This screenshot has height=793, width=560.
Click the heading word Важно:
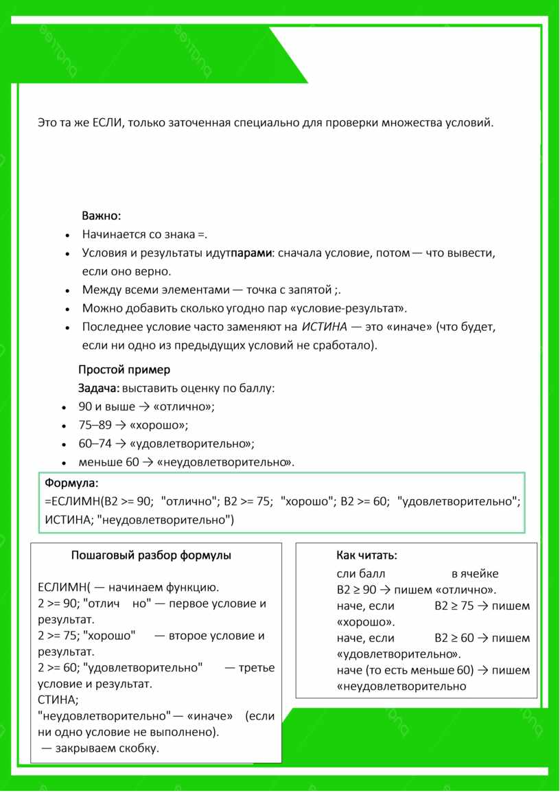[x=102, y=216]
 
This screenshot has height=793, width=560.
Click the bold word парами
[x=252, y=253]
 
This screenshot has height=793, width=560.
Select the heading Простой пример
[x=124, y=370]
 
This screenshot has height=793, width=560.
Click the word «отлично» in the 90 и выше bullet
[x=185, y=406]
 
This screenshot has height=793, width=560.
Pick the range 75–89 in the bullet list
[x=95, y=425]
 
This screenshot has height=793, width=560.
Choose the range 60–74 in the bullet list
[x=95, y=444]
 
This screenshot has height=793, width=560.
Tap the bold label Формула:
[x=72, y=483]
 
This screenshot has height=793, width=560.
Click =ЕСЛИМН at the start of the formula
[x=73, y=501]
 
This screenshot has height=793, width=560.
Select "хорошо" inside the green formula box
[x=307, y=501]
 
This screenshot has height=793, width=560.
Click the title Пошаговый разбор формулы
[x=151, y=555]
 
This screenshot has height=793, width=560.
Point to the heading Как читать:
[x=366, y=555]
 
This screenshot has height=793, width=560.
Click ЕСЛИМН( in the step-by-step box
[x=64, y=588]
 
